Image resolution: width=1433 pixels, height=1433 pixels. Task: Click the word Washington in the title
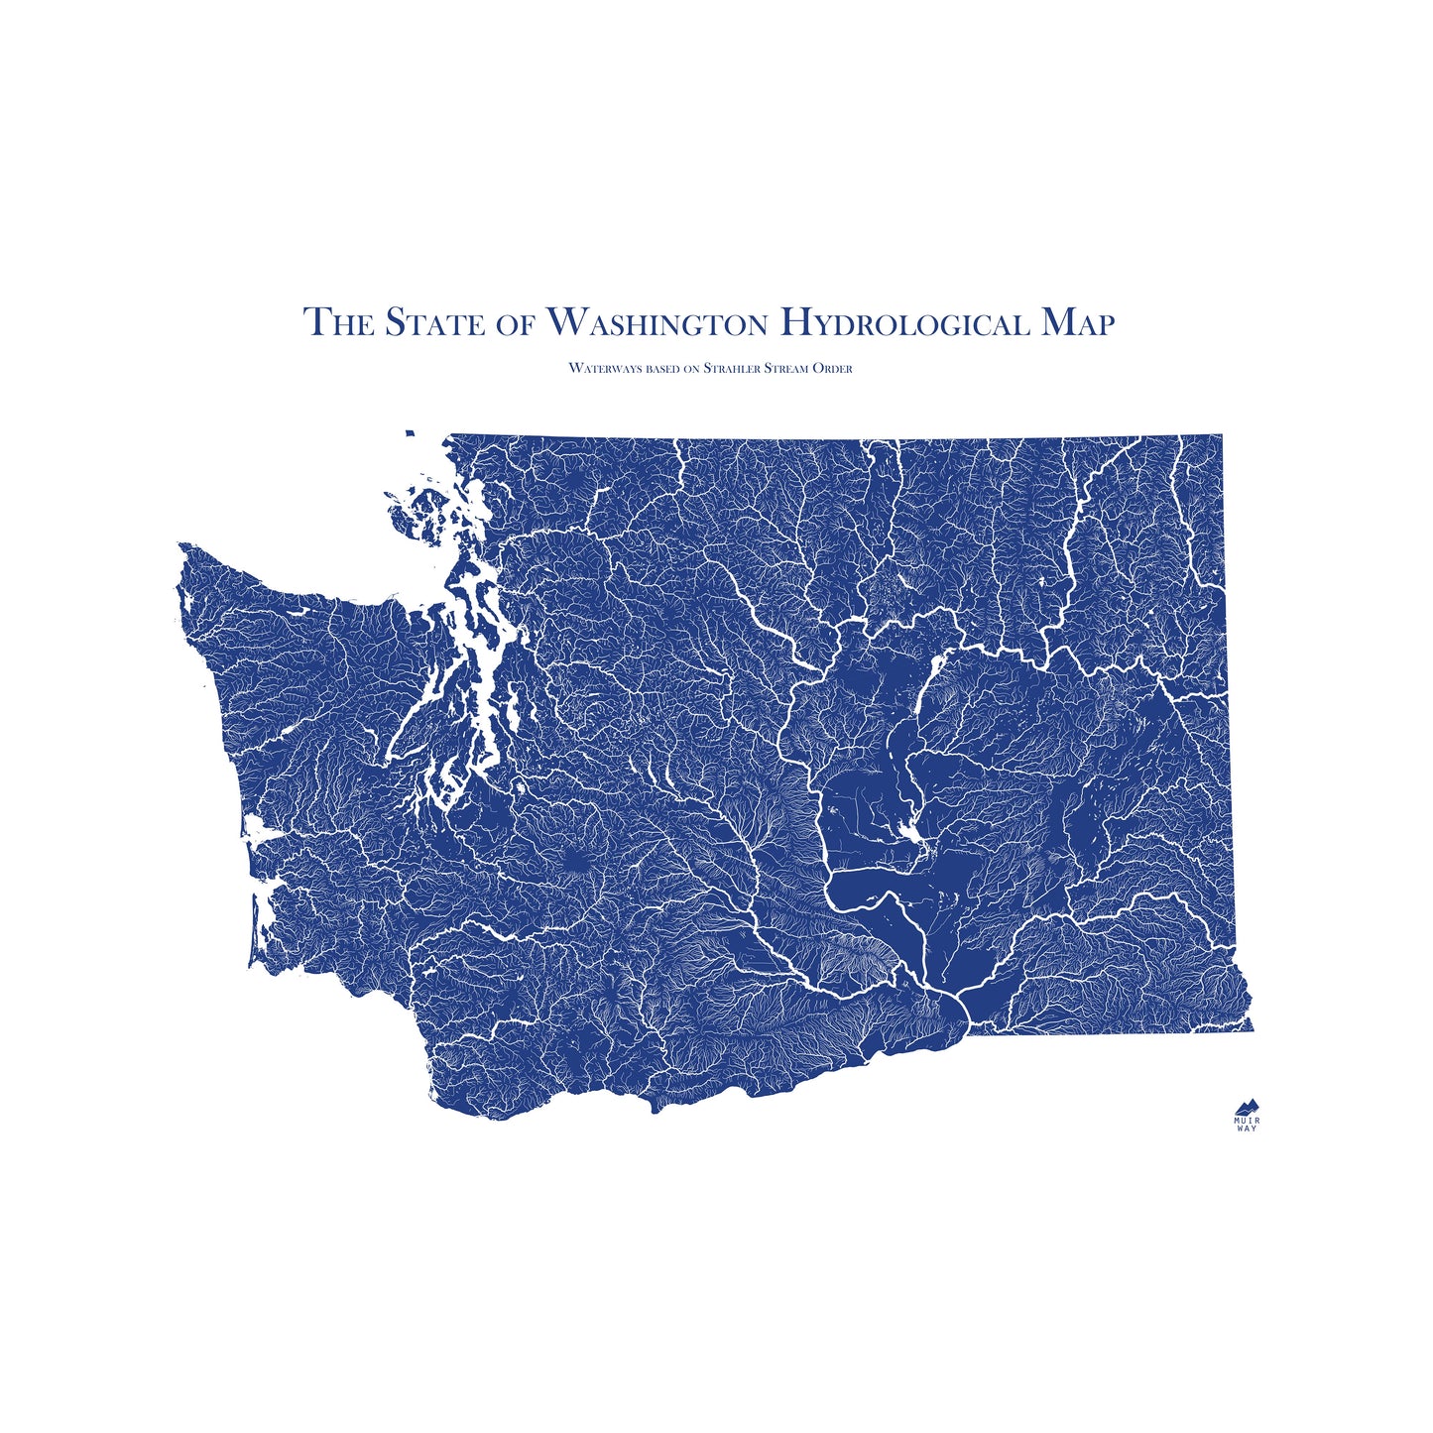click(x=657, y=322)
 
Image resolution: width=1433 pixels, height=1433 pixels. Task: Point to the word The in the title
click(x=338, y=322)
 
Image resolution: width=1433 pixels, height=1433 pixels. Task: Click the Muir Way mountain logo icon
click(x=1247, y=1107)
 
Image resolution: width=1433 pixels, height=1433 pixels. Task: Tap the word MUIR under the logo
click(x=1247, y=1121)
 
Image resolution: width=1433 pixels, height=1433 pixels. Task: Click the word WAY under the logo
click(x=1247, y=1130)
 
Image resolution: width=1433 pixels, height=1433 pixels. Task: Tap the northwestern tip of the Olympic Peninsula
click(x=180, y=544)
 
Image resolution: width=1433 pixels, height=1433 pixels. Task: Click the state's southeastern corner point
click(x=1253, y=1029)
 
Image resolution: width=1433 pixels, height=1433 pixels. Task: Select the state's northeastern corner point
click(x=1222, y=435)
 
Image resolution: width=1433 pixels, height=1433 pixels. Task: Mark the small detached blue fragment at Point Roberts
click(x=409, y=432)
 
